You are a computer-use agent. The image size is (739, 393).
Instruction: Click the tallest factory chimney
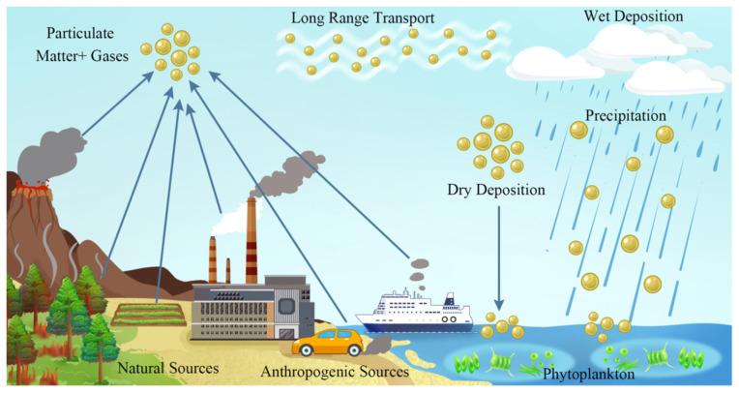[251, 237]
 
